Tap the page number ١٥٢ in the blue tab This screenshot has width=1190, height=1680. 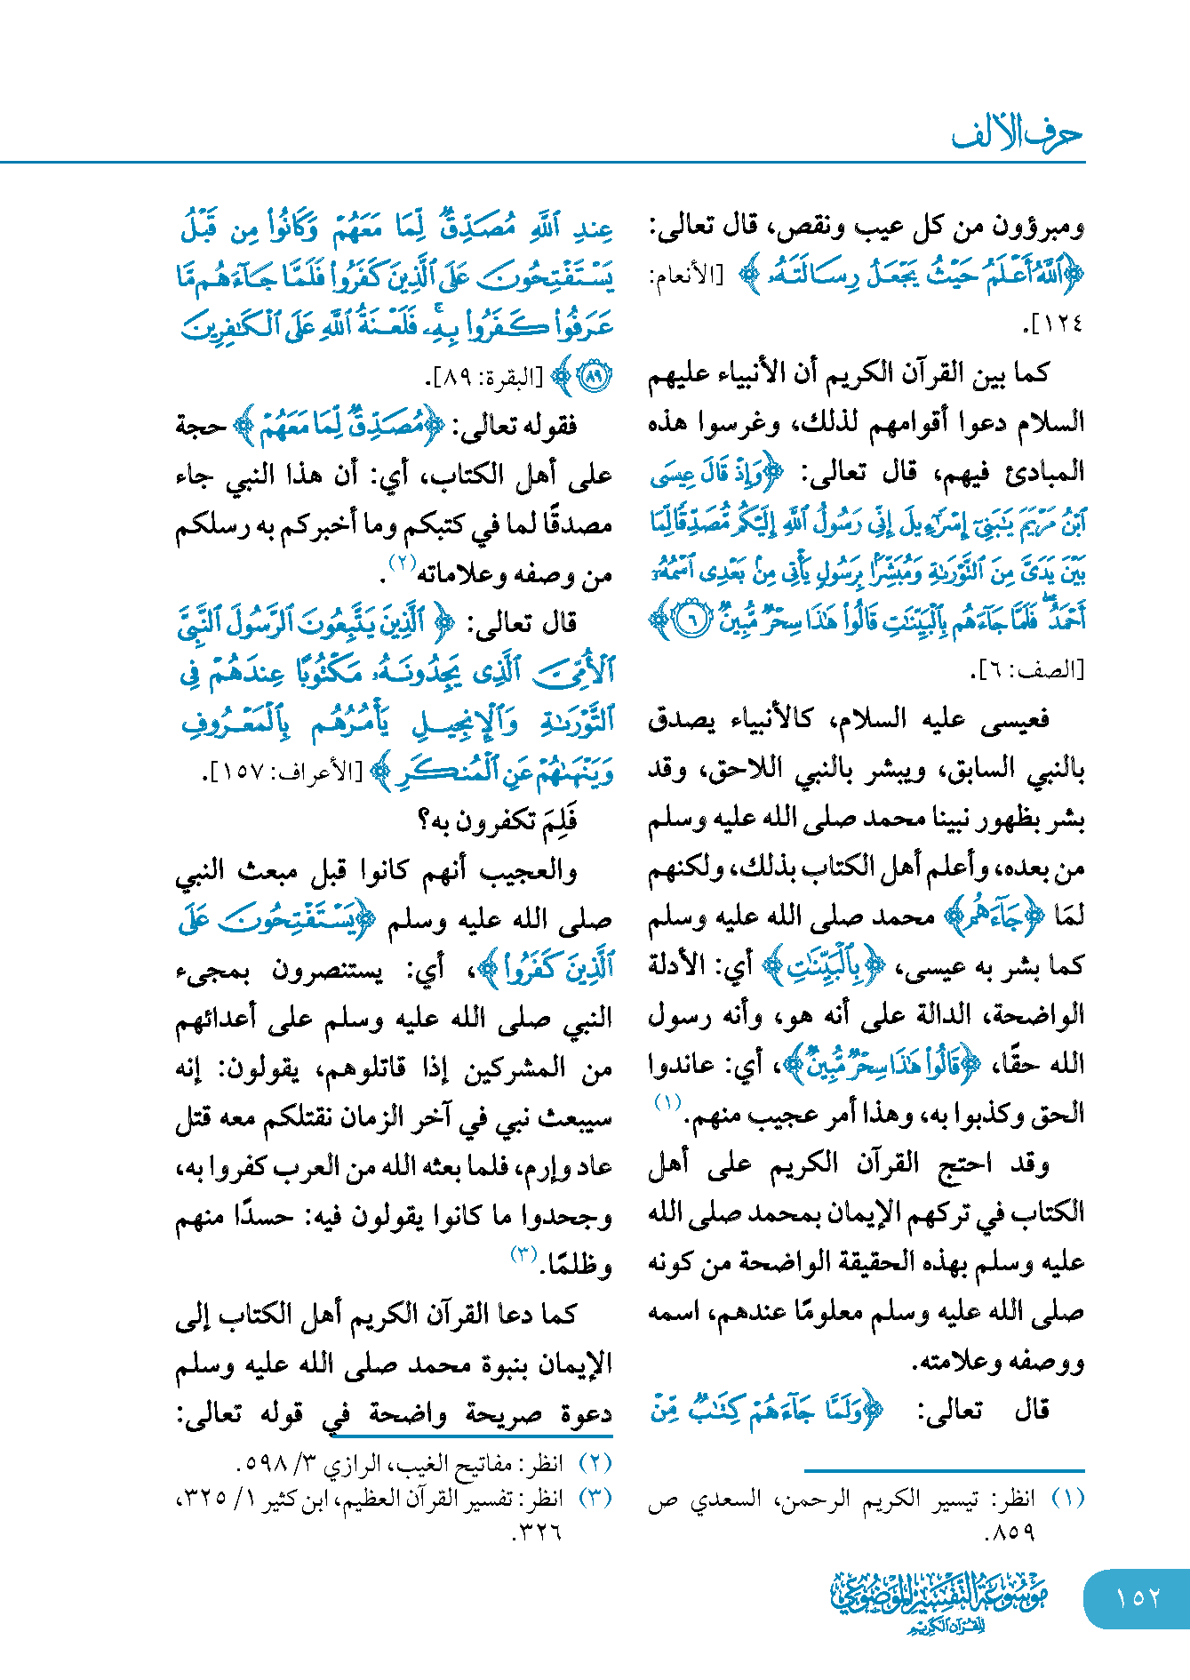click(x=1138, y=1597)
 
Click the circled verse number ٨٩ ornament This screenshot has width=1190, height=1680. click(x=593, y=377)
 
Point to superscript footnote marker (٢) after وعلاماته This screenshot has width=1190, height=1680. click(x=401, y=563)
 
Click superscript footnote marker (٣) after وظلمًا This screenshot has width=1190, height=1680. click(x=523, y=1254)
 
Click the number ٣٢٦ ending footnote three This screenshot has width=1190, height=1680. click(x=538, y=1532)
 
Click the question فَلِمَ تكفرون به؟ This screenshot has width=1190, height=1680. click(x=498, y=820)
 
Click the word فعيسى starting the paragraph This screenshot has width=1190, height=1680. click(x=1016, y=719)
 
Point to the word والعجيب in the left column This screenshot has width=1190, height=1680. click(x=530, y=871)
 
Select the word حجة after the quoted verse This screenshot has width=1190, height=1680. click(x=201, y=427)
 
